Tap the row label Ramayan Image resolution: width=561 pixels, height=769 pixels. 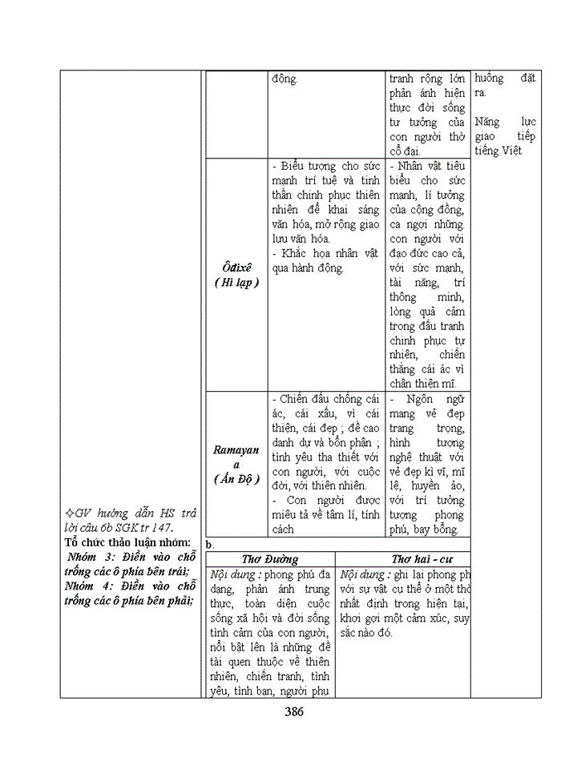pos(236,449)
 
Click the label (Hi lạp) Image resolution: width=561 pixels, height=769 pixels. pos(236,283)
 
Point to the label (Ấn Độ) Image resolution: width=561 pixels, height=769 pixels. pos(236,479)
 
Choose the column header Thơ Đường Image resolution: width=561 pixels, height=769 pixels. pos(269,559)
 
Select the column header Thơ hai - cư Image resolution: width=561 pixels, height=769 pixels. pos(402,559)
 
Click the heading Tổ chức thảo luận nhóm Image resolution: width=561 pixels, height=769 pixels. pos(121,542)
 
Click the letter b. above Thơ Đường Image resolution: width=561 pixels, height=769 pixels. pos(211,544)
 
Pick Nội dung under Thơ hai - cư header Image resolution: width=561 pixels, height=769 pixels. pos(365,574)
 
